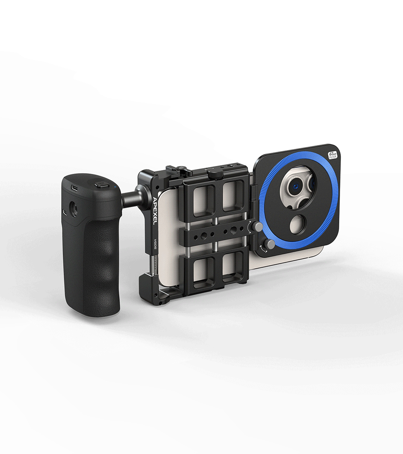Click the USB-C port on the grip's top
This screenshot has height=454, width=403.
pyautogui.click(x=75, y=187)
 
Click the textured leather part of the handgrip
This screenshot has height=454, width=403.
pyautogui.click(x=98, y=260)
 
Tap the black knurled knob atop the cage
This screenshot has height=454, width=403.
pyautogui.click(x=215, y=174)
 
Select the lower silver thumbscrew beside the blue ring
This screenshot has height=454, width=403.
pyautogui.click(x=269, y=244)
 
